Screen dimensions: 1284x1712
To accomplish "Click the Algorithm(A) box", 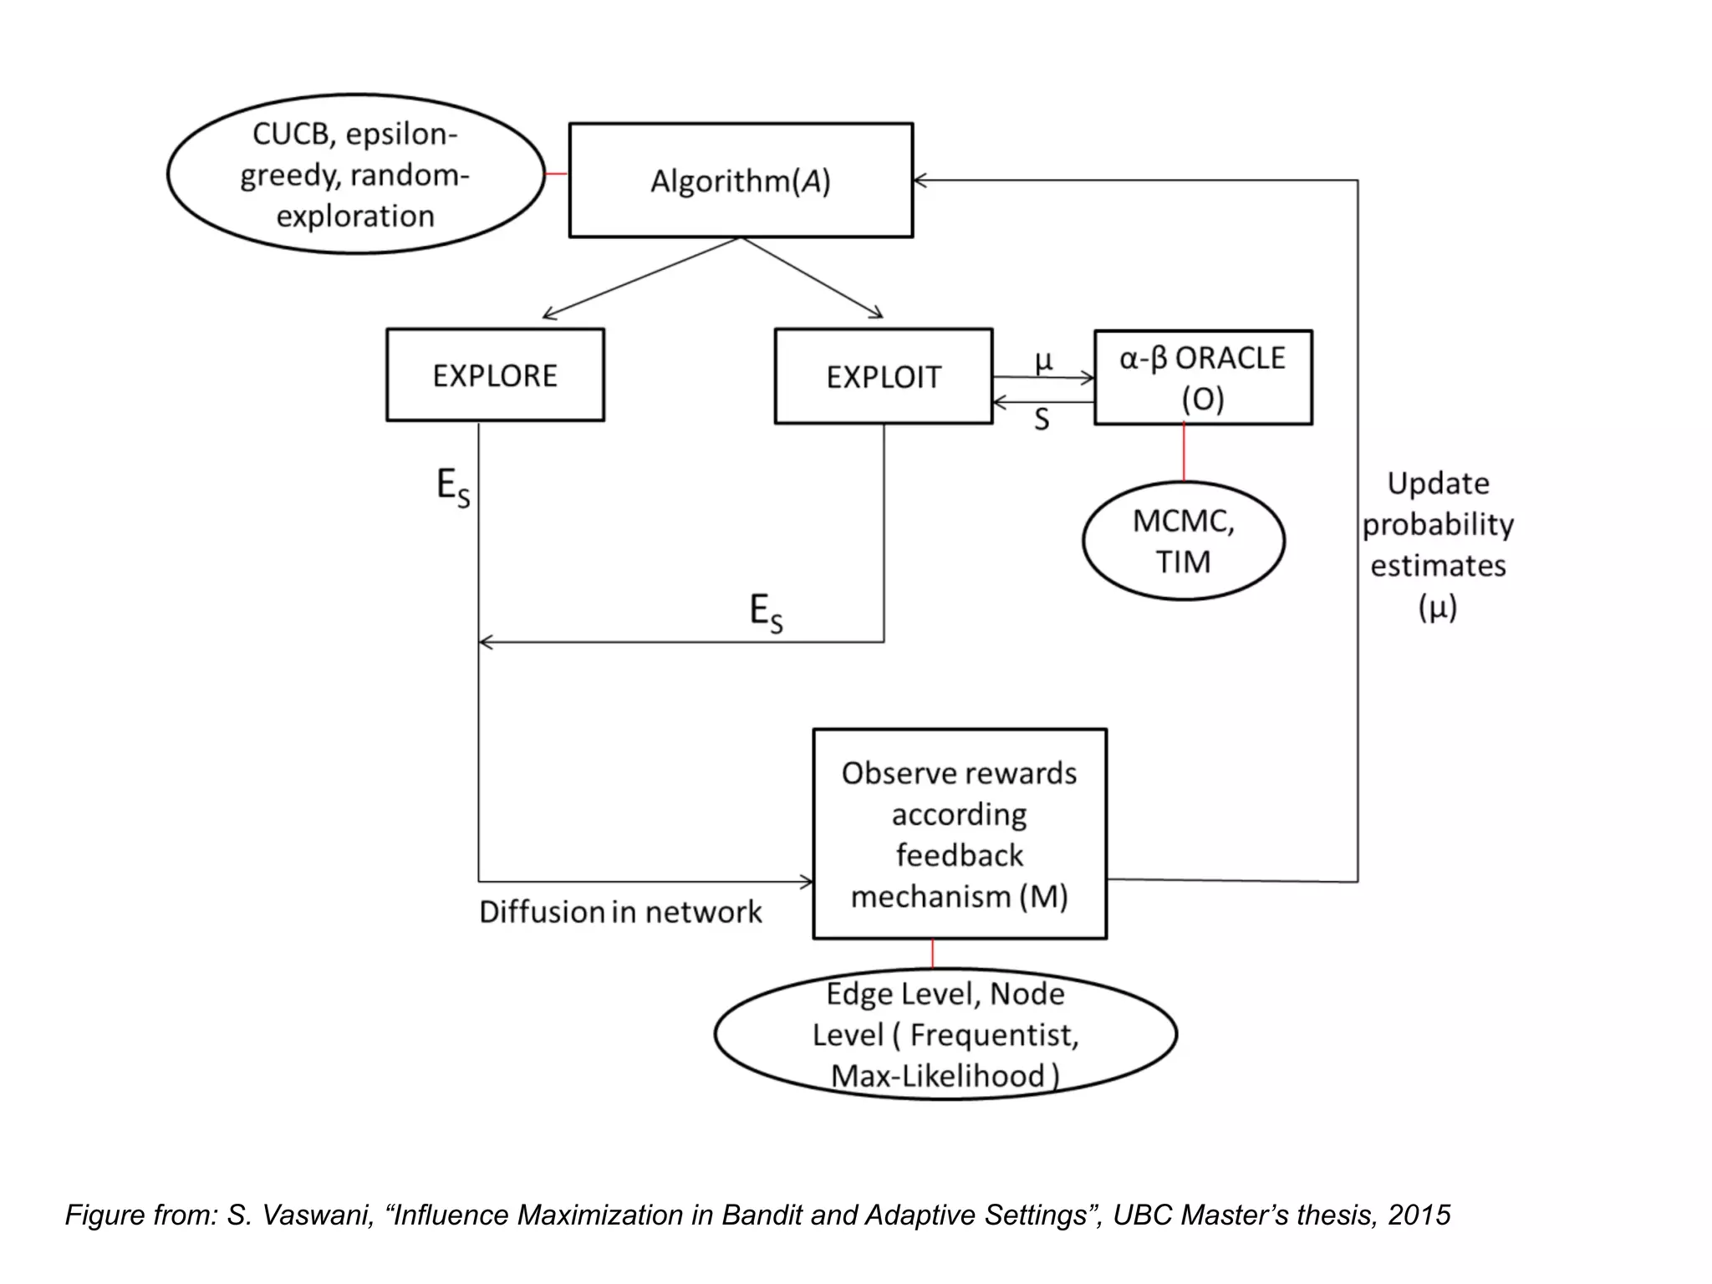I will click(x=741, y=181).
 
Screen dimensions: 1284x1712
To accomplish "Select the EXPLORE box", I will click(x=495, y=375).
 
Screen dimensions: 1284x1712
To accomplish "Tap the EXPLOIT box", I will click(x=884, y=377).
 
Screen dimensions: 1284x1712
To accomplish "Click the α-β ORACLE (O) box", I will click(x=1203, y=378).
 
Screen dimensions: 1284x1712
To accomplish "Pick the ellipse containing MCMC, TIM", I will click(x=1183, y=541).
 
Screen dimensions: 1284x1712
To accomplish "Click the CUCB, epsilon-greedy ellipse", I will click(x=355, y=175).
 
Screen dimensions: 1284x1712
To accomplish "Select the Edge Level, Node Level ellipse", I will click(x=945, y=1034).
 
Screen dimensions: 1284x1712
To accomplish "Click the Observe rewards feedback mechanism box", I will click(x=960, y=834).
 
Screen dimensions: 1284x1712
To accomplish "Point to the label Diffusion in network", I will click(x=620, y=912).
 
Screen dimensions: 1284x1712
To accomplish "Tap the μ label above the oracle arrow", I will click(x=1043, y=361).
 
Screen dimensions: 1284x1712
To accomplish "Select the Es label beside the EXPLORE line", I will click(x=453, y=487).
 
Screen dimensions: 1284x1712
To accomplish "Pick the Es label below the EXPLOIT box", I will click(x=766, y=613).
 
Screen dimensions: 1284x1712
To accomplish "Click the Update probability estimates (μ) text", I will click(x=1438, y=545).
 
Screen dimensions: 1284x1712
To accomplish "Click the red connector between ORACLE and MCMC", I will click(x=1184, y=452).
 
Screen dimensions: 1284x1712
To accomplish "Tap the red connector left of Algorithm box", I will click(x=556, y=174).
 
